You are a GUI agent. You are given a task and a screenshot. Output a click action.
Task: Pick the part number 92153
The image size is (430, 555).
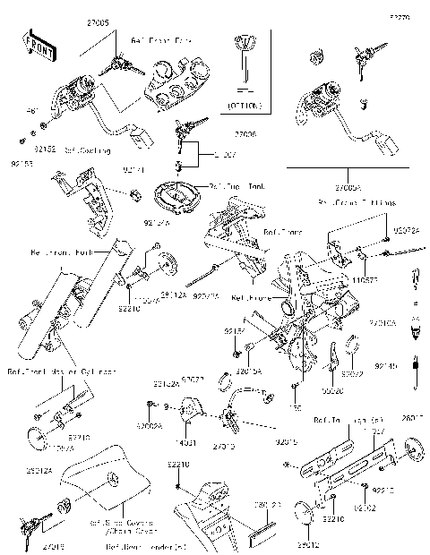pos(23,164)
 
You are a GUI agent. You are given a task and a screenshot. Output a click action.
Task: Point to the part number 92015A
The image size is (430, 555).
pos(248,370)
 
